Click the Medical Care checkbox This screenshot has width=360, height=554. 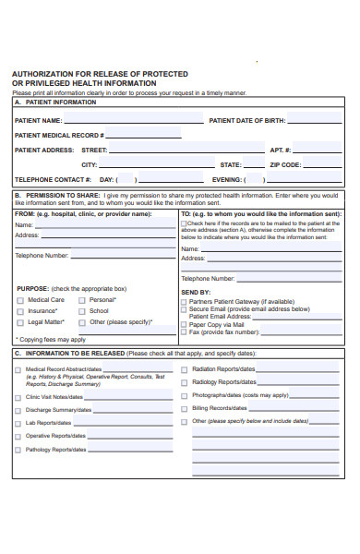19,300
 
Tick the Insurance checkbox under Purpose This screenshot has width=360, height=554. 19,311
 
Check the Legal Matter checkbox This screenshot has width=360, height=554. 19,322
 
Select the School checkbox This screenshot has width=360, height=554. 81,311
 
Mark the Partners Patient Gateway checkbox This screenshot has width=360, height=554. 184,301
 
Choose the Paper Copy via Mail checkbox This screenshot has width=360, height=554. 184,324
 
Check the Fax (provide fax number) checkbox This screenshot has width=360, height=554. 184,331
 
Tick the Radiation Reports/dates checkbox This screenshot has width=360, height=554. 185,368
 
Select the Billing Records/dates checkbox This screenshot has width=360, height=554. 185,407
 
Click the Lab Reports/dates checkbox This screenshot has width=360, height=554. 18,423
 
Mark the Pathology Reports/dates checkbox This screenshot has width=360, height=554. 18,450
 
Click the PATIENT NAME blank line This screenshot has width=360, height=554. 134,121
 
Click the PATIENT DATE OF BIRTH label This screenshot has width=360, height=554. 247,121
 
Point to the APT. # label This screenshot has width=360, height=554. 281,150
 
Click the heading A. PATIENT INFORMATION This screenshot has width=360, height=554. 55,102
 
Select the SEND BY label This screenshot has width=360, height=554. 196,292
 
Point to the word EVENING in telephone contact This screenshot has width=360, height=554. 227,180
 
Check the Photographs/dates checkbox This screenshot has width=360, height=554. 185,394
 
